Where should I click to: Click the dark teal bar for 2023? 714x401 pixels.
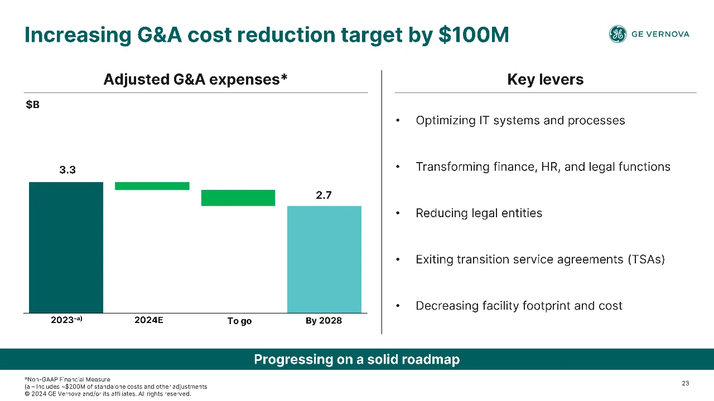[x=66, y=248]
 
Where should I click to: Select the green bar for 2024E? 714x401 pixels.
[x=152, y=186]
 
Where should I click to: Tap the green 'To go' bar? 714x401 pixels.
[x=238, y=198]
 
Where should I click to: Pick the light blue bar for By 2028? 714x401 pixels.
[x=324, y=260]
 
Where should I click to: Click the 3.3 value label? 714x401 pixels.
[x=67, y=170]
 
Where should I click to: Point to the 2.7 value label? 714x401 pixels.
[x=324, y=195]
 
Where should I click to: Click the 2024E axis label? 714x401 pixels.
[x=148, y=320]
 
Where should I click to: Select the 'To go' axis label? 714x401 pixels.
[x=239, y=321]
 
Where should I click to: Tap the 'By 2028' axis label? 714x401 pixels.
[x=324, y=320]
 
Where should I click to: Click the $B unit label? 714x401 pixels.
[x=32, y=104]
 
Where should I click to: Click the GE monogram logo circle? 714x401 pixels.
[x=617, y=34]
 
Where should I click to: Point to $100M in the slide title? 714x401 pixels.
[x=474, y=35]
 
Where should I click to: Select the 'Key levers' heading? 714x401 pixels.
[x=546, y=79]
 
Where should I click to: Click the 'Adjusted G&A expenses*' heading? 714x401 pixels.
[x=195, y=79]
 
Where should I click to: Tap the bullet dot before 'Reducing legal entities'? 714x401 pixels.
[x=398, y=213]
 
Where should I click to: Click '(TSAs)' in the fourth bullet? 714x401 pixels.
[x=647, y=260]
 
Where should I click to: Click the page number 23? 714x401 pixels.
[x=686, y=383]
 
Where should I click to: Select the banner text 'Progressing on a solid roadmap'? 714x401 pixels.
[x=356, y=359]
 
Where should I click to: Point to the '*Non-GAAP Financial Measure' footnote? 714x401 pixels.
[x=67, y=379]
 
